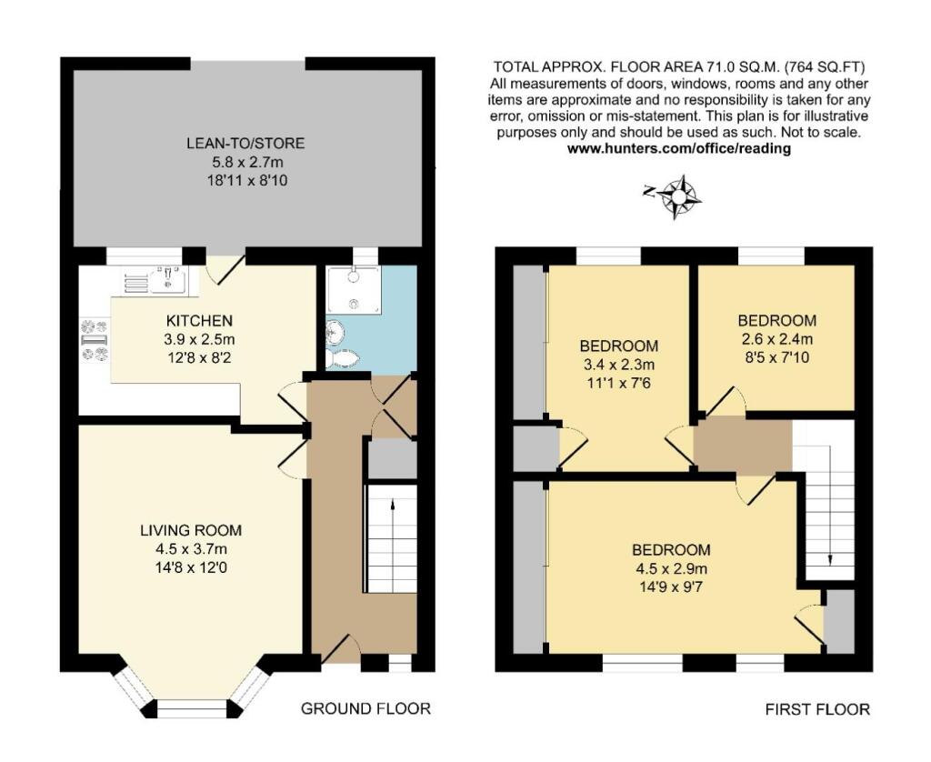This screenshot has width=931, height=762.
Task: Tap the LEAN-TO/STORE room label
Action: point(245,144)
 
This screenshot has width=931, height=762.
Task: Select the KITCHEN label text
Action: point(199,321)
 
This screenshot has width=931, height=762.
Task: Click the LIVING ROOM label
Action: point(191,531)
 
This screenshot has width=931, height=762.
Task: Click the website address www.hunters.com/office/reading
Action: point(678,148)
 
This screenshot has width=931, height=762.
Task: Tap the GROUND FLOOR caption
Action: point(365,708)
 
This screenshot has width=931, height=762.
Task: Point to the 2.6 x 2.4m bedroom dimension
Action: point(776,338)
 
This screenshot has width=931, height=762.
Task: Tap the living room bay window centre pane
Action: point(191,704)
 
